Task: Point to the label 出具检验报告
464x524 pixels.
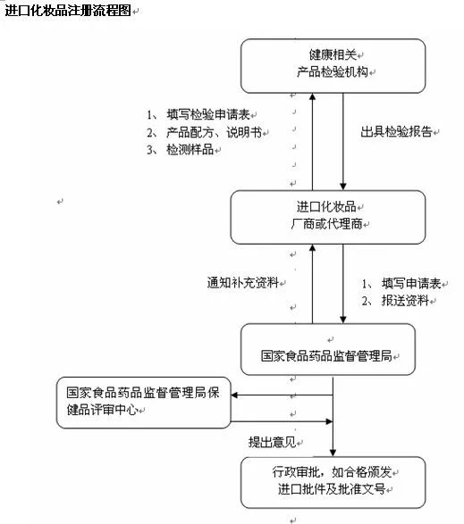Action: pos(396,130)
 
